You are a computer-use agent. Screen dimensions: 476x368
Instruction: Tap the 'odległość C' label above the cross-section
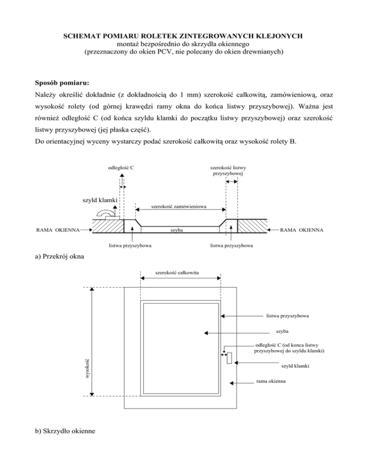120,168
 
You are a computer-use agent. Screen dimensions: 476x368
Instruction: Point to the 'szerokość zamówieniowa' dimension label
179,207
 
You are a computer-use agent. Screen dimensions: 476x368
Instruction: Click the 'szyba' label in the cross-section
178,231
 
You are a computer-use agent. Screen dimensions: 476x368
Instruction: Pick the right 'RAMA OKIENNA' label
301,230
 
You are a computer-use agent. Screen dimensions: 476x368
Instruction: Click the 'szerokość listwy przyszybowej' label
228,171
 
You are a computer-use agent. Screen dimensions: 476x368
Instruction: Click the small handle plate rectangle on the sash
230,358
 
